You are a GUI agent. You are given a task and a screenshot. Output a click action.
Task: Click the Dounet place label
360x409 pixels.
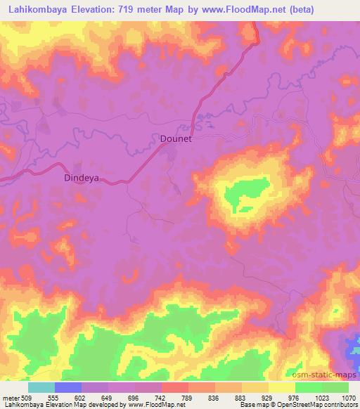tap(172, 139)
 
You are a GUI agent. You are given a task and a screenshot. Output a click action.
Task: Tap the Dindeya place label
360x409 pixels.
tap(82, 178)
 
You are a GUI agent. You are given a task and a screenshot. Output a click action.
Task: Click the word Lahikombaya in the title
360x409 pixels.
tap(34, 10)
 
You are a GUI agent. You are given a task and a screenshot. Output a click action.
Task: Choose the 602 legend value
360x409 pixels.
tap(82, 398)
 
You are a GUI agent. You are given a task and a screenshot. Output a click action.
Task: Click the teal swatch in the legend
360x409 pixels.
tap(41, 387)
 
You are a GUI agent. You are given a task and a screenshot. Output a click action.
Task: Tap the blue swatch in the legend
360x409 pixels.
tap(68, 387)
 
